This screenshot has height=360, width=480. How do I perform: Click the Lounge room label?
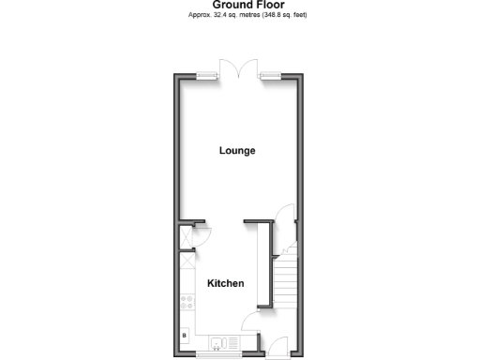pyautogui.click(x=237, y=151)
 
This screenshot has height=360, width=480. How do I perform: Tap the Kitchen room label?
pyautogui.click(x=225, y=283)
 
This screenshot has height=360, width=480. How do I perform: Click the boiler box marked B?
pyautogui.click(x=184, y=335)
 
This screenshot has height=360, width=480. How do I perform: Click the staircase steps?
pyautogui.click(x=286, y=281)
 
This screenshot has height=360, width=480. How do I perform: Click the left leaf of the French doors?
pyautogui.click(x=229, y=68)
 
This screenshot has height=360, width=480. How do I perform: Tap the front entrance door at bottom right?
pyautogui.click(x=277, y=348)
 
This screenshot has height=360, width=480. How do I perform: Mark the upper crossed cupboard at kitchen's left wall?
pyautogui.click(x=186, y=236)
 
